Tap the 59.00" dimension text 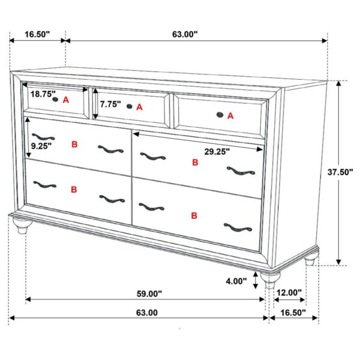pyautogui.click(x=149, y=294)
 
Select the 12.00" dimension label pyautogui.click(x=289, y=293)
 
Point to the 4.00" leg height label pyautogui.click(x=236, y=281)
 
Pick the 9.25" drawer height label pyautogui.click(x=41, y=145)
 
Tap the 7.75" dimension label pyautogui.click(x=110, y=104)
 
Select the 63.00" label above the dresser pyautogui.click(x=185, y=34)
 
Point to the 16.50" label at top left pyautogui.click(x=37, y=34)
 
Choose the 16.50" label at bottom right pyautogui.click(x=293, y=313)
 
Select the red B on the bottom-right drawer pyautogui.click(x=194, y=215)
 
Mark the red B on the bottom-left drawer pyautogui.click(x=74, y=190)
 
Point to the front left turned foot pyautogui.click(x=22, y=226)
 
